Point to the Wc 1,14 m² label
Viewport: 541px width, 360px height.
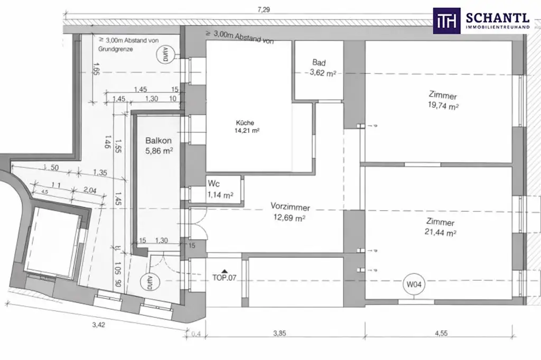(x=220, y=190)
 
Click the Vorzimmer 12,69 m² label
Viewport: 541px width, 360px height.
(x=290, y=212)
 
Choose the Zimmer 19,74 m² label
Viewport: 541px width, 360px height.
(x=443, y=101)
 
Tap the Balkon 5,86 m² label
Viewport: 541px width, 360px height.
(x=159, y=146)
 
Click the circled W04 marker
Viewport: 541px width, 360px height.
(x=413, y=286)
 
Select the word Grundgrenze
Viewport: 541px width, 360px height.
(x=115, y=49)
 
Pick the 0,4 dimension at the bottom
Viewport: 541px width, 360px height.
(x=197, y=333)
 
